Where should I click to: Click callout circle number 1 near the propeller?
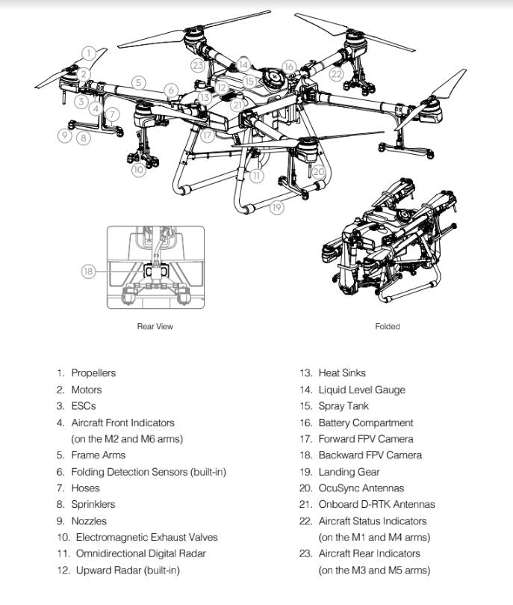(89, 52)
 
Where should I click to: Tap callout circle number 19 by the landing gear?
(277, 208)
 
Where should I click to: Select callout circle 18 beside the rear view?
(88, 271)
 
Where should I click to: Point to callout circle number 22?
(337, 74)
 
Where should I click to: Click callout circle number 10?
(137, 171)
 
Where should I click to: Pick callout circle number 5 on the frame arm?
(138, 82)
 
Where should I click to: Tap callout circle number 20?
(319, 171)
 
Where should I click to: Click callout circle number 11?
(257, 176)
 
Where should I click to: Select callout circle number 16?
(289, 67)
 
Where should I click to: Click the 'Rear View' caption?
(155, 326)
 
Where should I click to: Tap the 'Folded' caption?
(388, 326)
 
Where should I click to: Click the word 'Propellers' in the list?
(93, 373)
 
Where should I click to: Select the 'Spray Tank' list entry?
(343, 406)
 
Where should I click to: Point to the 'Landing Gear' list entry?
(349, 472)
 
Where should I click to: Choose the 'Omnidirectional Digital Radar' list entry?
(140, 553)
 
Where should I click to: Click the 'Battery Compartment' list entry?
(365, 423)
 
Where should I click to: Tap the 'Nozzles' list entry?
(88, 520)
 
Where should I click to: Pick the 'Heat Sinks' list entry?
(342, 373)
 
